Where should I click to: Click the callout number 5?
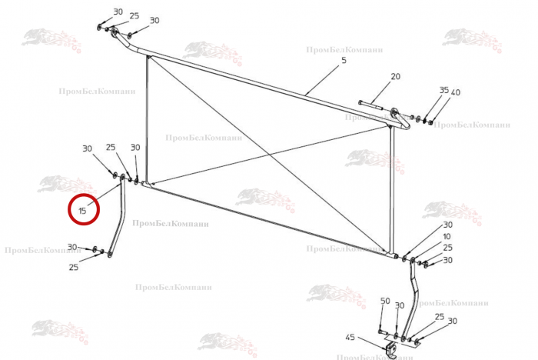click(343, 60)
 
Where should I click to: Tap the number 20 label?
click(396, 76)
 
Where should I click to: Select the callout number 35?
click(443, 90)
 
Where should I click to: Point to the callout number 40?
click(456, 92)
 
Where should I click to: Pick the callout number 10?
click(447, 236)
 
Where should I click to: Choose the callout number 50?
click(385, 301)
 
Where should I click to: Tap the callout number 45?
click(350, 338)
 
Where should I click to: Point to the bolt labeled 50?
click(381, 332)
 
